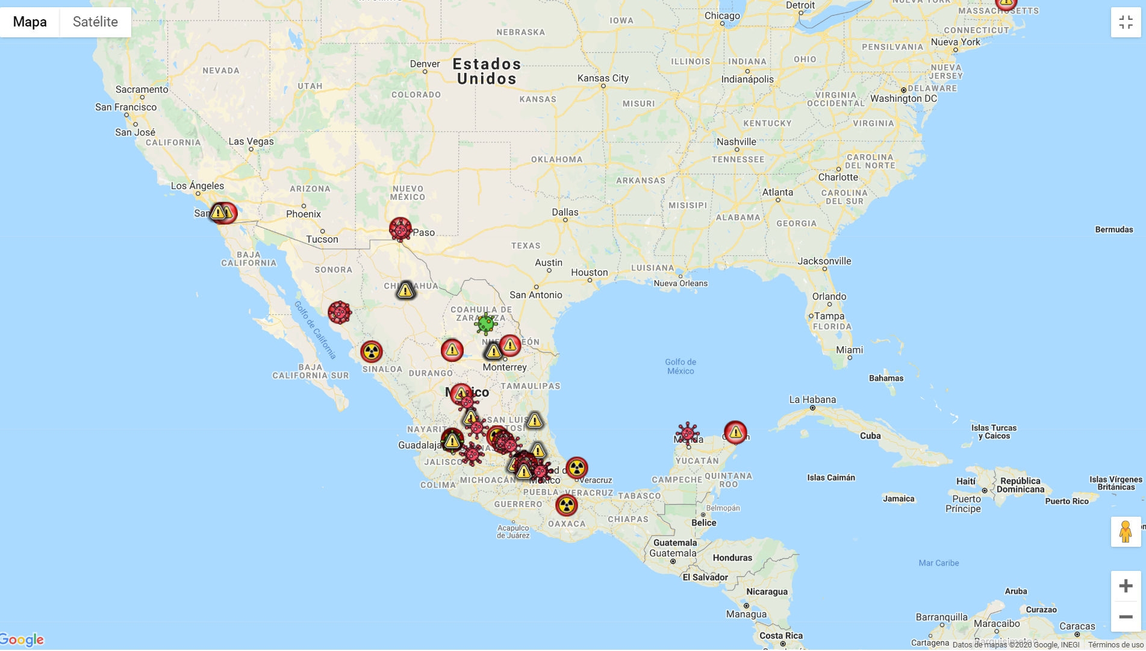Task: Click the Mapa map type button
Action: click(30, 22)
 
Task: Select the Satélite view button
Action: click(95, 22)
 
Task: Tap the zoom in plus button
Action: click(1126, 586)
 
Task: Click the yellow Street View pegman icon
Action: click(1126, 532)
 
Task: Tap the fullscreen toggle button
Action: click(1126, 22)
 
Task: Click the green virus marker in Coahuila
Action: click(485, 324)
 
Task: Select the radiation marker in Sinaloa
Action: click(372, 352)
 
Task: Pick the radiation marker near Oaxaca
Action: click(566, 505)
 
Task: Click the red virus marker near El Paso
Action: click(400, 229)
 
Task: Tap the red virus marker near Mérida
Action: click(687, 434)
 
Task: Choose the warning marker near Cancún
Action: click(735, 432)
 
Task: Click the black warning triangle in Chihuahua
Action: click(406, 291)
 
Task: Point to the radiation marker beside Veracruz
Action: click(576, 468)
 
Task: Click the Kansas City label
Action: click(603, 78)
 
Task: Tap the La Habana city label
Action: click(812, 400)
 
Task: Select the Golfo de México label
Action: click(680, 366)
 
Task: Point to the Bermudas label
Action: click(1113, 229)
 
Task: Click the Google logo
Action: click(22, 640)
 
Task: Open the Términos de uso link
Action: click(1115, 645)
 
